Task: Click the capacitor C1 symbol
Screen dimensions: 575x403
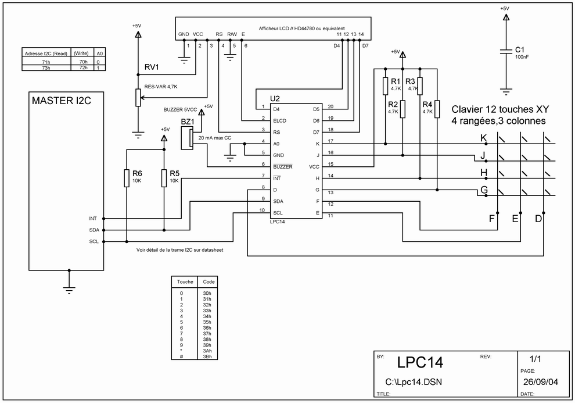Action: [x=506, y=51]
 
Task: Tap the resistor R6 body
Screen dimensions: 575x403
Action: [x=127, y=179]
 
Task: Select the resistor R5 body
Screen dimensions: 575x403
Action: [x=164, y=179]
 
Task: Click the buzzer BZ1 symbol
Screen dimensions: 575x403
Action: [x=187, y=138]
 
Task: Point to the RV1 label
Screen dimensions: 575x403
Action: [x=152, y=67]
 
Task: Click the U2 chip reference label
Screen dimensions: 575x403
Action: [x=275, y=99]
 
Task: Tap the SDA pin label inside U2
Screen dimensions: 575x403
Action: [x=278, y=201]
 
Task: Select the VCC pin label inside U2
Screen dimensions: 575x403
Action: [x=314, y=167]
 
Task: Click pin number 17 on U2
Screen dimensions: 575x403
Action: [x=330, y=141]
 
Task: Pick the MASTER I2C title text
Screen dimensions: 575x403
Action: [x=61, y=101]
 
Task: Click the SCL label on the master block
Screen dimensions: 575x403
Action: [x=94, y=241]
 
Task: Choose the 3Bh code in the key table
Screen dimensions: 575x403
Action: [x=207, y=356]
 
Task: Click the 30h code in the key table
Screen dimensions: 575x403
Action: [x=207, y=293]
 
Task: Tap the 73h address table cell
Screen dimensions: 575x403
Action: [x=46, y=68]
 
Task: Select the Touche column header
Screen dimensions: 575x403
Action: [x=185, y=282]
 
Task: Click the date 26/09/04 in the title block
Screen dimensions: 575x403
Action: [x=541, y=381]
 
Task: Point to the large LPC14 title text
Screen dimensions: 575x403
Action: [x=421, y=362]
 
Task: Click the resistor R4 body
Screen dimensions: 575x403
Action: [x=437, y=109]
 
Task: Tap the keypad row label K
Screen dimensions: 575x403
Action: [x=484, y=138]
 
